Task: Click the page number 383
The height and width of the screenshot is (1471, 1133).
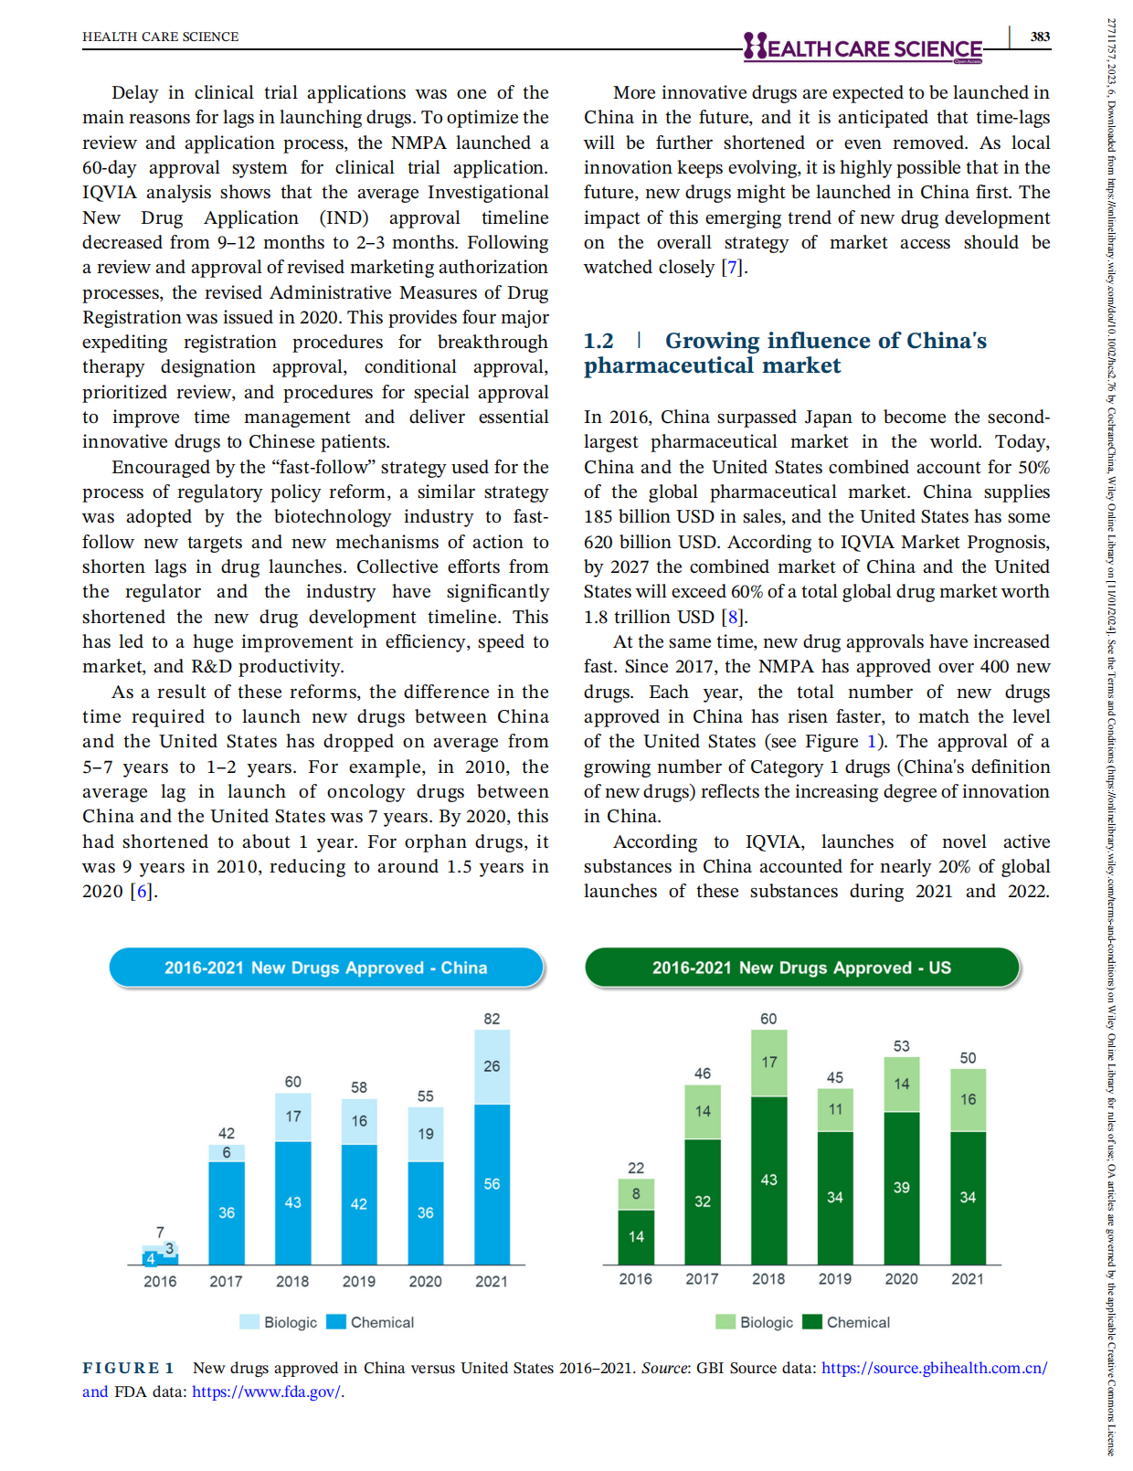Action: point(1040,37)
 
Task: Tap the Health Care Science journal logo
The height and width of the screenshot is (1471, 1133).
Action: point(863,48)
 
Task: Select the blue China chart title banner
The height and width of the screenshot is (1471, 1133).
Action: point(326,968)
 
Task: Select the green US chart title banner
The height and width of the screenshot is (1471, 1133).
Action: point(801,968)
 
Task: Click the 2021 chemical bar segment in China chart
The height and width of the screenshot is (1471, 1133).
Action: point(492,1184)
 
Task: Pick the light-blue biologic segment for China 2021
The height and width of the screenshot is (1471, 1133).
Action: point(492,1066)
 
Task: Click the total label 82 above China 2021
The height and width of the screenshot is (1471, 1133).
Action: point(492,1019)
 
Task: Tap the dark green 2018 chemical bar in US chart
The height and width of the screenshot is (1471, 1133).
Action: point(768,1180)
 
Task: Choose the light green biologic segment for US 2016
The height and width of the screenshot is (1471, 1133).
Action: point(636,1193)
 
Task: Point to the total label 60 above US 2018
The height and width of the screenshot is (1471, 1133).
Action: point(768,1019)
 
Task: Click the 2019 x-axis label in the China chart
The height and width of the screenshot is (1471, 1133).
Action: point(358,1281)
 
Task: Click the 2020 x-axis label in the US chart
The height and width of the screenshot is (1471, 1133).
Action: point(901,1279)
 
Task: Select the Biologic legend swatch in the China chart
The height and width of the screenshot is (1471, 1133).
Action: point(249,1322)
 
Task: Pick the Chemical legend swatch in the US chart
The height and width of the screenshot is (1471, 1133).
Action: point(812,1322)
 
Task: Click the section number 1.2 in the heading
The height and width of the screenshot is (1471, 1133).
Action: point(598,341)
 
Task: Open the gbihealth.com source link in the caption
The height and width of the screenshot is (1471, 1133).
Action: point(934,1368)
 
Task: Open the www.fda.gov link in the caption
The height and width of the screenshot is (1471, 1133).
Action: point(266,1392)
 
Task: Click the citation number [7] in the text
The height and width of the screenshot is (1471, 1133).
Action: point(732,268)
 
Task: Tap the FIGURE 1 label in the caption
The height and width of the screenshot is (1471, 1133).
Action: point(128,1368)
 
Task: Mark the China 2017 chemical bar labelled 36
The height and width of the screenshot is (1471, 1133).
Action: point(226,1212)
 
